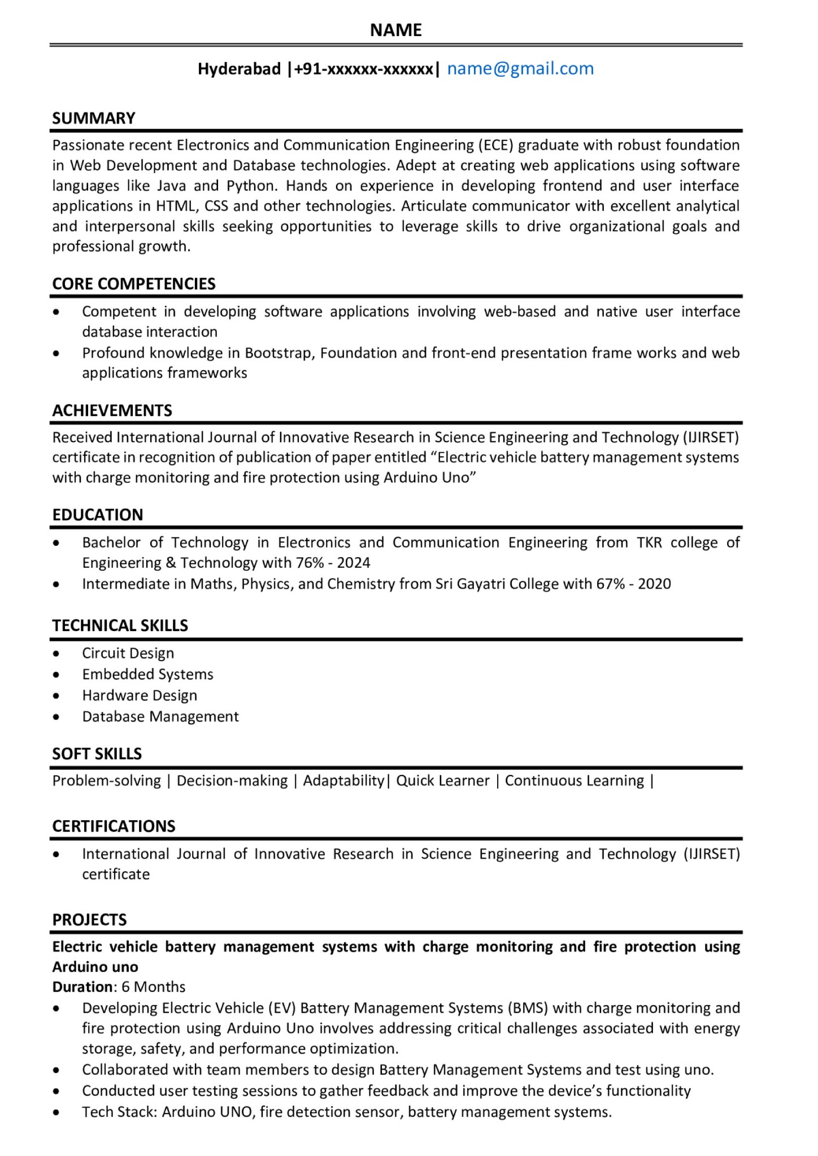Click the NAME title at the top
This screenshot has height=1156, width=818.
coord(395,30)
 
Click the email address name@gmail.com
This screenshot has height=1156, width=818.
coord(520,69)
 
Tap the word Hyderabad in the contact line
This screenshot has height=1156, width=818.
coord(239,69)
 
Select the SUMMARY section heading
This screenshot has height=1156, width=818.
coord(94,118)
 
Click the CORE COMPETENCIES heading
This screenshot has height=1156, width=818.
coord(134,283)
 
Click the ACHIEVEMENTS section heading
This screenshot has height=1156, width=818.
coord(112,410)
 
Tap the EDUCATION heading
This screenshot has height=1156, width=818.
coord(98,515)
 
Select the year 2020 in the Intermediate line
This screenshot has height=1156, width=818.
coord(654,584)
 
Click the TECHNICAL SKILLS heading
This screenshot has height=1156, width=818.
coord(120,625)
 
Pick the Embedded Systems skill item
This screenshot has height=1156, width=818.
coord(147,675)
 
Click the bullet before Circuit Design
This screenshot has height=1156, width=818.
coord(56,654)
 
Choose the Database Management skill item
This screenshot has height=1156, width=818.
coord(160,717)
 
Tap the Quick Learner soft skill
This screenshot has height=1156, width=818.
coord(442,781)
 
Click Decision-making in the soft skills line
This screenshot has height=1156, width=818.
coord(232,781)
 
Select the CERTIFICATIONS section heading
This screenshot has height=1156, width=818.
coord(114,826)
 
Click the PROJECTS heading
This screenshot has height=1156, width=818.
coord(89,919)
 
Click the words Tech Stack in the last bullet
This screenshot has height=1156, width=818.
coord(119,1113)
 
